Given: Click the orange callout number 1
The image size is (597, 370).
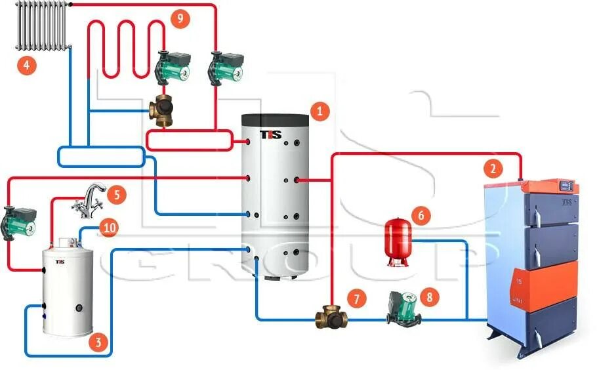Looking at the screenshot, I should coord(319,112).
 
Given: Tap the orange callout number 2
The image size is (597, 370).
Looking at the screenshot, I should coord(493,169).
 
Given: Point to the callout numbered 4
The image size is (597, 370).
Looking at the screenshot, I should coord(27,65).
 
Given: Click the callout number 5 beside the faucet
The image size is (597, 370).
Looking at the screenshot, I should coord(115,194).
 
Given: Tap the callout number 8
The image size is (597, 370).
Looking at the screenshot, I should coord(430,297).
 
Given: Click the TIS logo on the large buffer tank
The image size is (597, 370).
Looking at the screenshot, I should coord(271,134).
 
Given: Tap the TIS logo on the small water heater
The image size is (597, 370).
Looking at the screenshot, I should coord(60,262).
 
